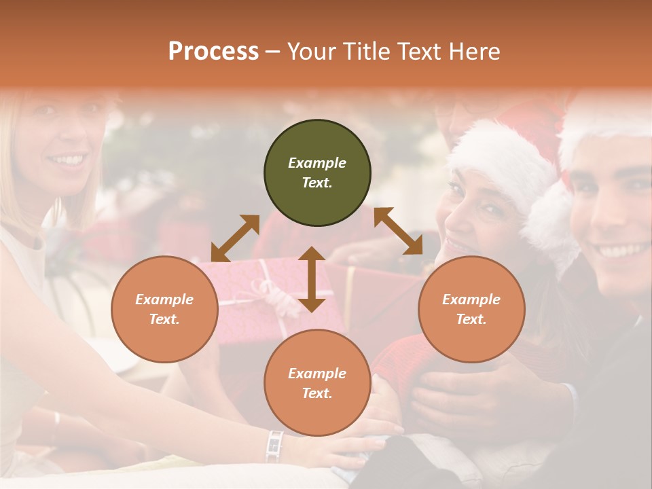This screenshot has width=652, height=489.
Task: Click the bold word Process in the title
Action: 213,51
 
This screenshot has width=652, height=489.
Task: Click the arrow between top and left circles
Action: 235,238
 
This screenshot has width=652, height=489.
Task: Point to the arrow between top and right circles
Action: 398,231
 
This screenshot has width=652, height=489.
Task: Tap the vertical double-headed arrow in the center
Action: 312,279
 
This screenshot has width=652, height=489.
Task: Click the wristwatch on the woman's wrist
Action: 274,446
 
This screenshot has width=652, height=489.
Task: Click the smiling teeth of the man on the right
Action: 619,251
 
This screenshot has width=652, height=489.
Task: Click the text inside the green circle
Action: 317,173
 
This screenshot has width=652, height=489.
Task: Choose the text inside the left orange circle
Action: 164,309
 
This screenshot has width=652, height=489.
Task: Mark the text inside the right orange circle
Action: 471,309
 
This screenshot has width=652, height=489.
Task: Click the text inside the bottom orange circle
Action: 317,383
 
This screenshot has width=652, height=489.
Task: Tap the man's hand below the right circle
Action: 469,394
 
